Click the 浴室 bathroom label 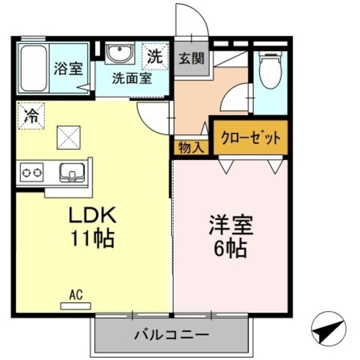69,69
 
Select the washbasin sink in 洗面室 119,54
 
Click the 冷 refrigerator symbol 31,117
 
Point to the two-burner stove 33,172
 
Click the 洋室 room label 231,225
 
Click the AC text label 76,294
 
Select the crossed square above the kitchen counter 67,137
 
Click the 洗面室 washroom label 132,78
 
